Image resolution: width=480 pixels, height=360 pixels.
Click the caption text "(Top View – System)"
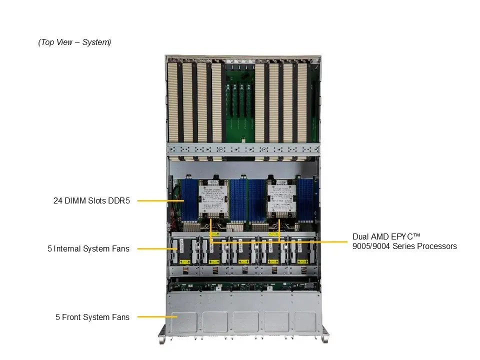(74, 42)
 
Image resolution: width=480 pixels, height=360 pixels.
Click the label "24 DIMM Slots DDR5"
(91, 201)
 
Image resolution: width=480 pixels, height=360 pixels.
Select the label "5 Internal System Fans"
(88, 248)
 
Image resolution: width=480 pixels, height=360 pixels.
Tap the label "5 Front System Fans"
(92, 317)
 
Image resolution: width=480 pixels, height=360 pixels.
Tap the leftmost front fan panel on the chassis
(184, 321)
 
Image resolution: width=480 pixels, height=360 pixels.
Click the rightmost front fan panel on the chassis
(305, 321)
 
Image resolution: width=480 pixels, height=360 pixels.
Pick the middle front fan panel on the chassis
(245, 321)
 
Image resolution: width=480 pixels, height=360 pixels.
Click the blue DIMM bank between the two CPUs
(247, 200)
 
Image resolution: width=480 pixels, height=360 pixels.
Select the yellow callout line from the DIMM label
(160, 201)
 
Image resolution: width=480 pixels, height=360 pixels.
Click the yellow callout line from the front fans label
(157, 317)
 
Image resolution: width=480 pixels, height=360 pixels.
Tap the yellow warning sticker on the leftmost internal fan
(184, 262)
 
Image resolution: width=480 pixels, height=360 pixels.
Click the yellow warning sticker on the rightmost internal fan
(302, 262)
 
